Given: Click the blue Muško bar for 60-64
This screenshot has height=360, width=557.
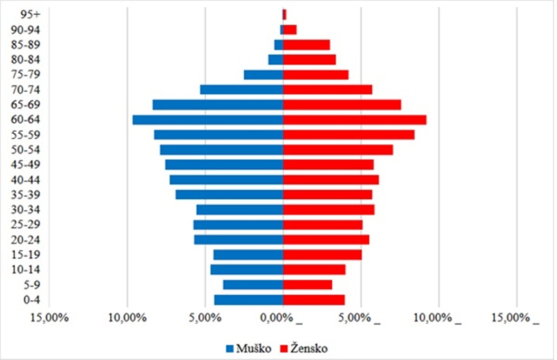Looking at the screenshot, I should [x=208, y=120].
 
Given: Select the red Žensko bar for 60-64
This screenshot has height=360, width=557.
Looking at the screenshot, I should [x=354, y=120].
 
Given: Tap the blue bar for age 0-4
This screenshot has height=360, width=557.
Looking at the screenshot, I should [x=248, y=300].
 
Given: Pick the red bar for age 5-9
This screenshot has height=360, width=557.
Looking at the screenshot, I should [x=308, y=285].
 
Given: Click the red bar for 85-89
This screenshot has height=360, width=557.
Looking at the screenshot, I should [x=306, y=45].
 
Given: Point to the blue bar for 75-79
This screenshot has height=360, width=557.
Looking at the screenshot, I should [x=263, y=75].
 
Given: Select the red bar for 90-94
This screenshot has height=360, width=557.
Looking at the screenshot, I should [x=290, y=30].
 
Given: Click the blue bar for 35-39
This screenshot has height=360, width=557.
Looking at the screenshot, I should [x=229, y=195].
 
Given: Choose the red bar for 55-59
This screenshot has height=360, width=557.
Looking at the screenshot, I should [x=349, y=135].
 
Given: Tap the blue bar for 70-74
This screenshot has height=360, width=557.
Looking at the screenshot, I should [x=242, y=90].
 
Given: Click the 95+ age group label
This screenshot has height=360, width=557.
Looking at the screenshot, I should [x=23, y=14].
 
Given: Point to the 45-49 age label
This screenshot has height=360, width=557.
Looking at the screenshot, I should [x=23, y=165].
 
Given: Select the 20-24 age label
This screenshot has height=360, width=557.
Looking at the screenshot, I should [x=23, y=240].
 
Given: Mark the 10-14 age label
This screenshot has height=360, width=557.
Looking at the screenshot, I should [x=23, y=270].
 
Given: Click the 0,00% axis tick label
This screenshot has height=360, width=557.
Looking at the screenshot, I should [x=280, y=318].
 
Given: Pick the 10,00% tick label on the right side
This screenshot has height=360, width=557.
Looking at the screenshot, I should [x=437, y=318].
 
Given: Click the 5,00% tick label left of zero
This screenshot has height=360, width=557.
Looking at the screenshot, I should [x=205, y=318].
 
